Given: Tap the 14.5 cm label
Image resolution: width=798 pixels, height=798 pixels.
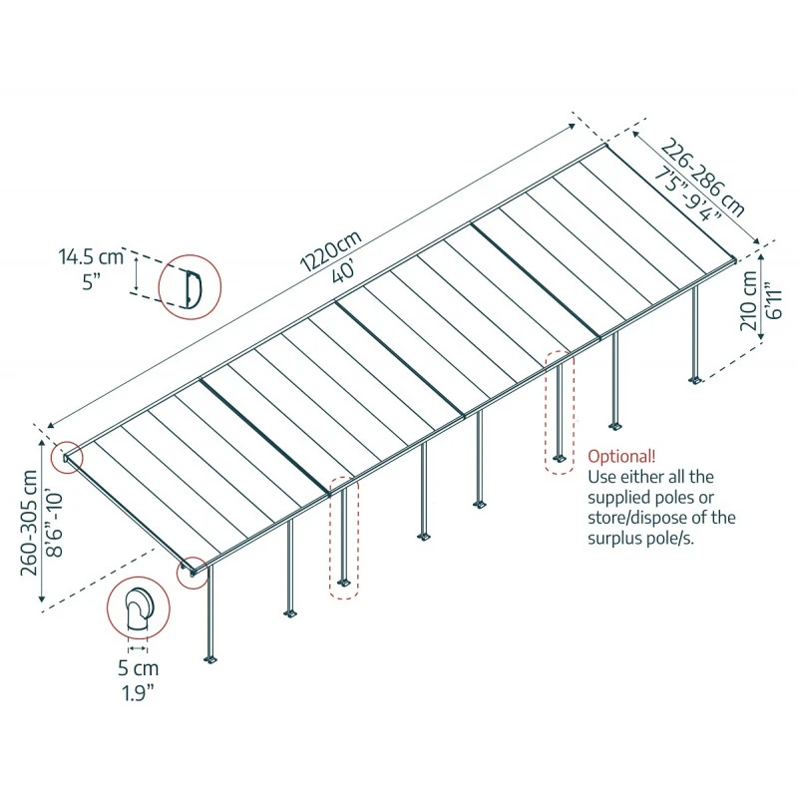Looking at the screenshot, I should (91, 256).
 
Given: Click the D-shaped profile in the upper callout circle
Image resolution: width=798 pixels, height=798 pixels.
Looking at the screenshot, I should (193, 286).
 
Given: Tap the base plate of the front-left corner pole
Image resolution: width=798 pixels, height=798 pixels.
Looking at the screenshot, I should (210, 659).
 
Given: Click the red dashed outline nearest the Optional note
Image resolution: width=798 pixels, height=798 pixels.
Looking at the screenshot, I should (560, 412).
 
